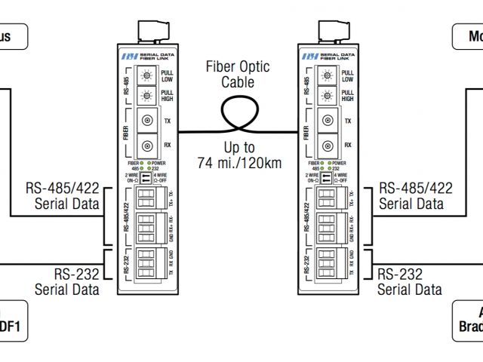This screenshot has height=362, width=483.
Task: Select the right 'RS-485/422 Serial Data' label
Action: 416,195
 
